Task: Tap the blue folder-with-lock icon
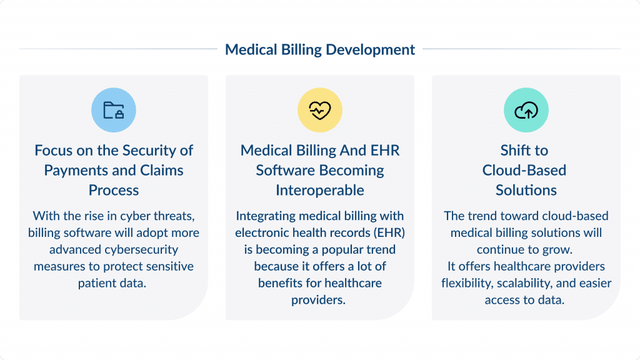click(x=114, y=111)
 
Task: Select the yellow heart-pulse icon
click(x=320, y=111)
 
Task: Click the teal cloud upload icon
click(x=526, y=111)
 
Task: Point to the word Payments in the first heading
click(x=73, y=171)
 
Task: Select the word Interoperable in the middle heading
click(x=320, y=190)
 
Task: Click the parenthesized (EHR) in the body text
click(x=386, y=232)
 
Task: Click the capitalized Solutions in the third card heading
click(x=526, y=190)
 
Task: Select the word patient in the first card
click(x=94, y=283)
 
